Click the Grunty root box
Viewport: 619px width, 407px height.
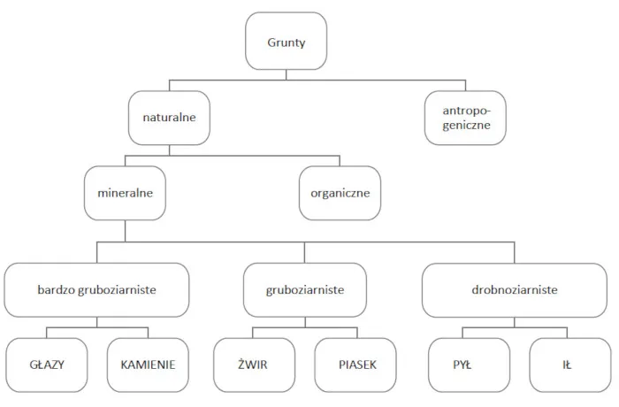point(285,42)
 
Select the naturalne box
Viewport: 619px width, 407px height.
point(170,117)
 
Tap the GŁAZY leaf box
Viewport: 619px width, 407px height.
point(46,364)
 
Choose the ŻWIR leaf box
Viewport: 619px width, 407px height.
point(254,364)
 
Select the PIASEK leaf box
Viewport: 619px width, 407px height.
point(356,364)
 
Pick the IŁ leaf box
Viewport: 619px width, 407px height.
point(565,364)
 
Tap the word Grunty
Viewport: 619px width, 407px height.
point(285,42)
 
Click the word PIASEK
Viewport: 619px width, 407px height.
point(356,364)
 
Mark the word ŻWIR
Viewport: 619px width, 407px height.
point(254,364)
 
